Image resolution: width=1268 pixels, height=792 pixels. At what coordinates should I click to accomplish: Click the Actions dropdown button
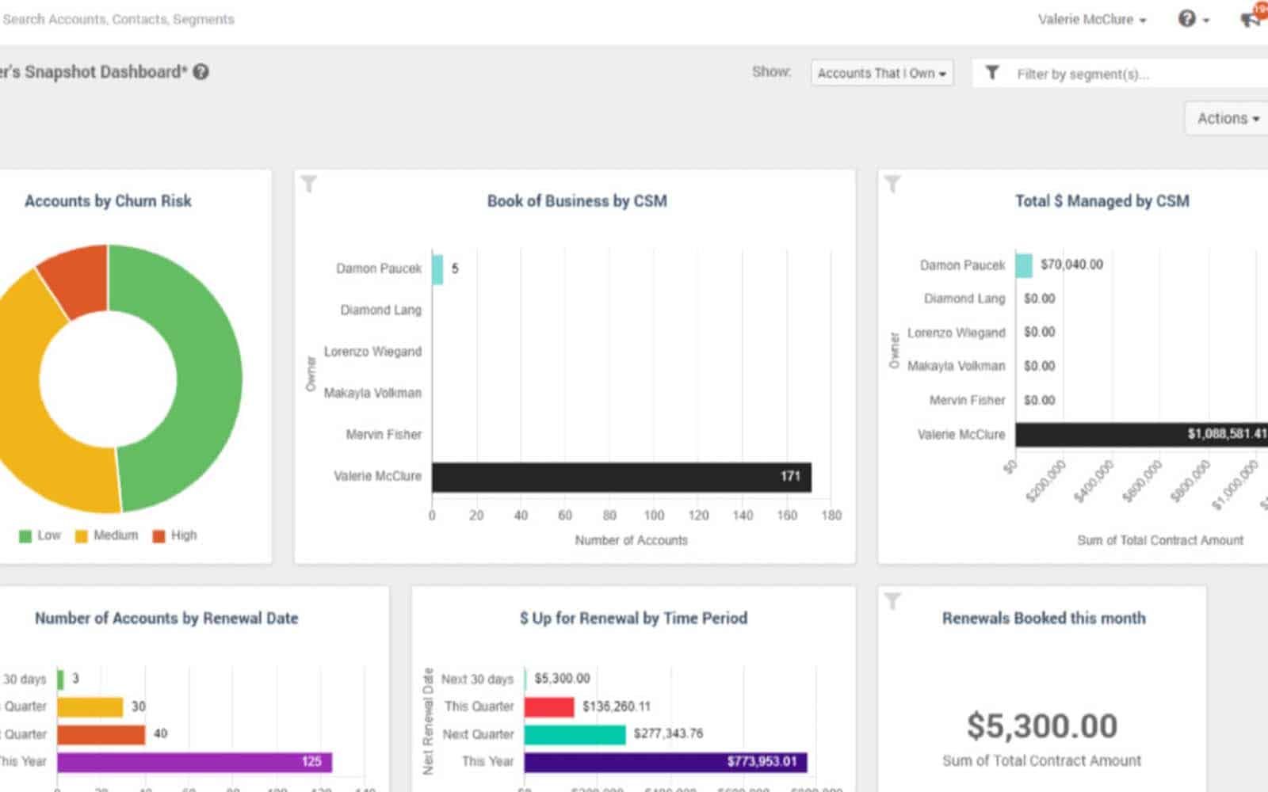[1227, 119]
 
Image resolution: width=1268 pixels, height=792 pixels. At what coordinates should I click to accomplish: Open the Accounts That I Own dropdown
[881, 73]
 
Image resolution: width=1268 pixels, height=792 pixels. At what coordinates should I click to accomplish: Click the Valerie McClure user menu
[1091, 20]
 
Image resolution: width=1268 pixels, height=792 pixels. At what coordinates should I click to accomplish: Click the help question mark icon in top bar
[1187, 19]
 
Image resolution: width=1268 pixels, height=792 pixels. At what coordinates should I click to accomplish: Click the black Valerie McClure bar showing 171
[621, 477]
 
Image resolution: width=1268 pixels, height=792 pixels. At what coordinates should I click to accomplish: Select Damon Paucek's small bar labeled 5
[437, 269]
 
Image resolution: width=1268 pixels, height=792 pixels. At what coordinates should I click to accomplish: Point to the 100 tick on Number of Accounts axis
[654, 516]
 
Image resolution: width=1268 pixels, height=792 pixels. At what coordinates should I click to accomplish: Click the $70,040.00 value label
[1071, 265]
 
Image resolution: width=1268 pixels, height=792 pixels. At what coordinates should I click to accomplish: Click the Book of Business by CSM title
[576, 201]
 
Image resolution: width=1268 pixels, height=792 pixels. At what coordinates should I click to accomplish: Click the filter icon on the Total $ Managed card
[892, 185]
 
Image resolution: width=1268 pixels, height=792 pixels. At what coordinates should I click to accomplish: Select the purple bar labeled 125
[194, 762]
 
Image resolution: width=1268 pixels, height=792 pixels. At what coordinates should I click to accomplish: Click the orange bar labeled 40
[101, 734]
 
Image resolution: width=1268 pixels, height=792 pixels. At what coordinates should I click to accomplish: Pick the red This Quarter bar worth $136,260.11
[549, 706]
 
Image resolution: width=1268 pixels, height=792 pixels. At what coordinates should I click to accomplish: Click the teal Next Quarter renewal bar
[575, 734]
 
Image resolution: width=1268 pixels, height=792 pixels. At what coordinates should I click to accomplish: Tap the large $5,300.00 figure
[1041, 726]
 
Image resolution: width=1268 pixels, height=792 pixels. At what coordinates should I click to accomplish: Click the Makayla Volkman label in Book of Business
[372, 393]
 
